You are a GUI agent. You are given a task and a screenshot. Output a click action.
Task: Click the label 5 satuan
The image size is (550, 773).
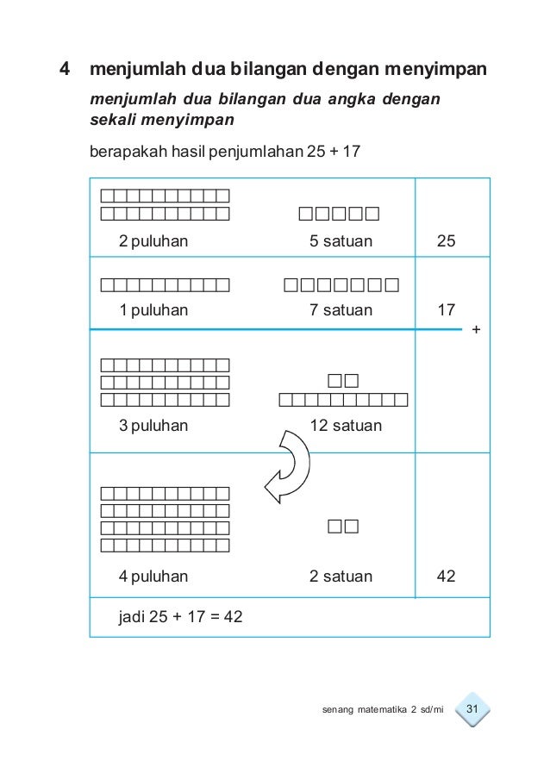tap(341, 241)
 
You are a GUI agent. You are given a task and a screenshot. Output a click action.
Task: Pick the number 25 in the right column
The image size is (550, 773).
tap(447, 241)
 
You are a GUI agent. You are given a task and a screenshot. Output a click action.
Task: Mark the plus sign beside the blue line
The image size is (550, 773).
tap(477, 330)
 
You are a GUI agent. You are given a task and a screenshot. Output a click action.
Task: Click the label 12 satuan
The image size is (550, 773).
tap(346, 425)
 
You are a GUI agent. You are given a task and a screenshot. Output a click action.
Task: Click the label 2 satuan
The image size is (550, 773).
tap(341, 576)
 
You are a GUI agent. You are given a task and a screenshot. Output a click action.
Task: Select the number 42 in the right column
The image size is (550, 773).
tap(447, 576)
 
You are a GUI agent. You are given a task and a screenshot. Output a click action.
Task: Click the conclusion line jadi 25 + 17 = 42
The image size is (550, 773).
tap(180, 616)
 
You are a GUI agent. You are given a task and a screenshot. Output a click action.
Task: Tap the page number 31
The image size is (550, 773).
tap(472, 709)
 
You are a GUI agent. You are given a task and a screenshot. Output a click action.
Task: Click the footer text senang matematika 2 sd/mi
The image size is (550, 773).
tap(379, 710)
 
